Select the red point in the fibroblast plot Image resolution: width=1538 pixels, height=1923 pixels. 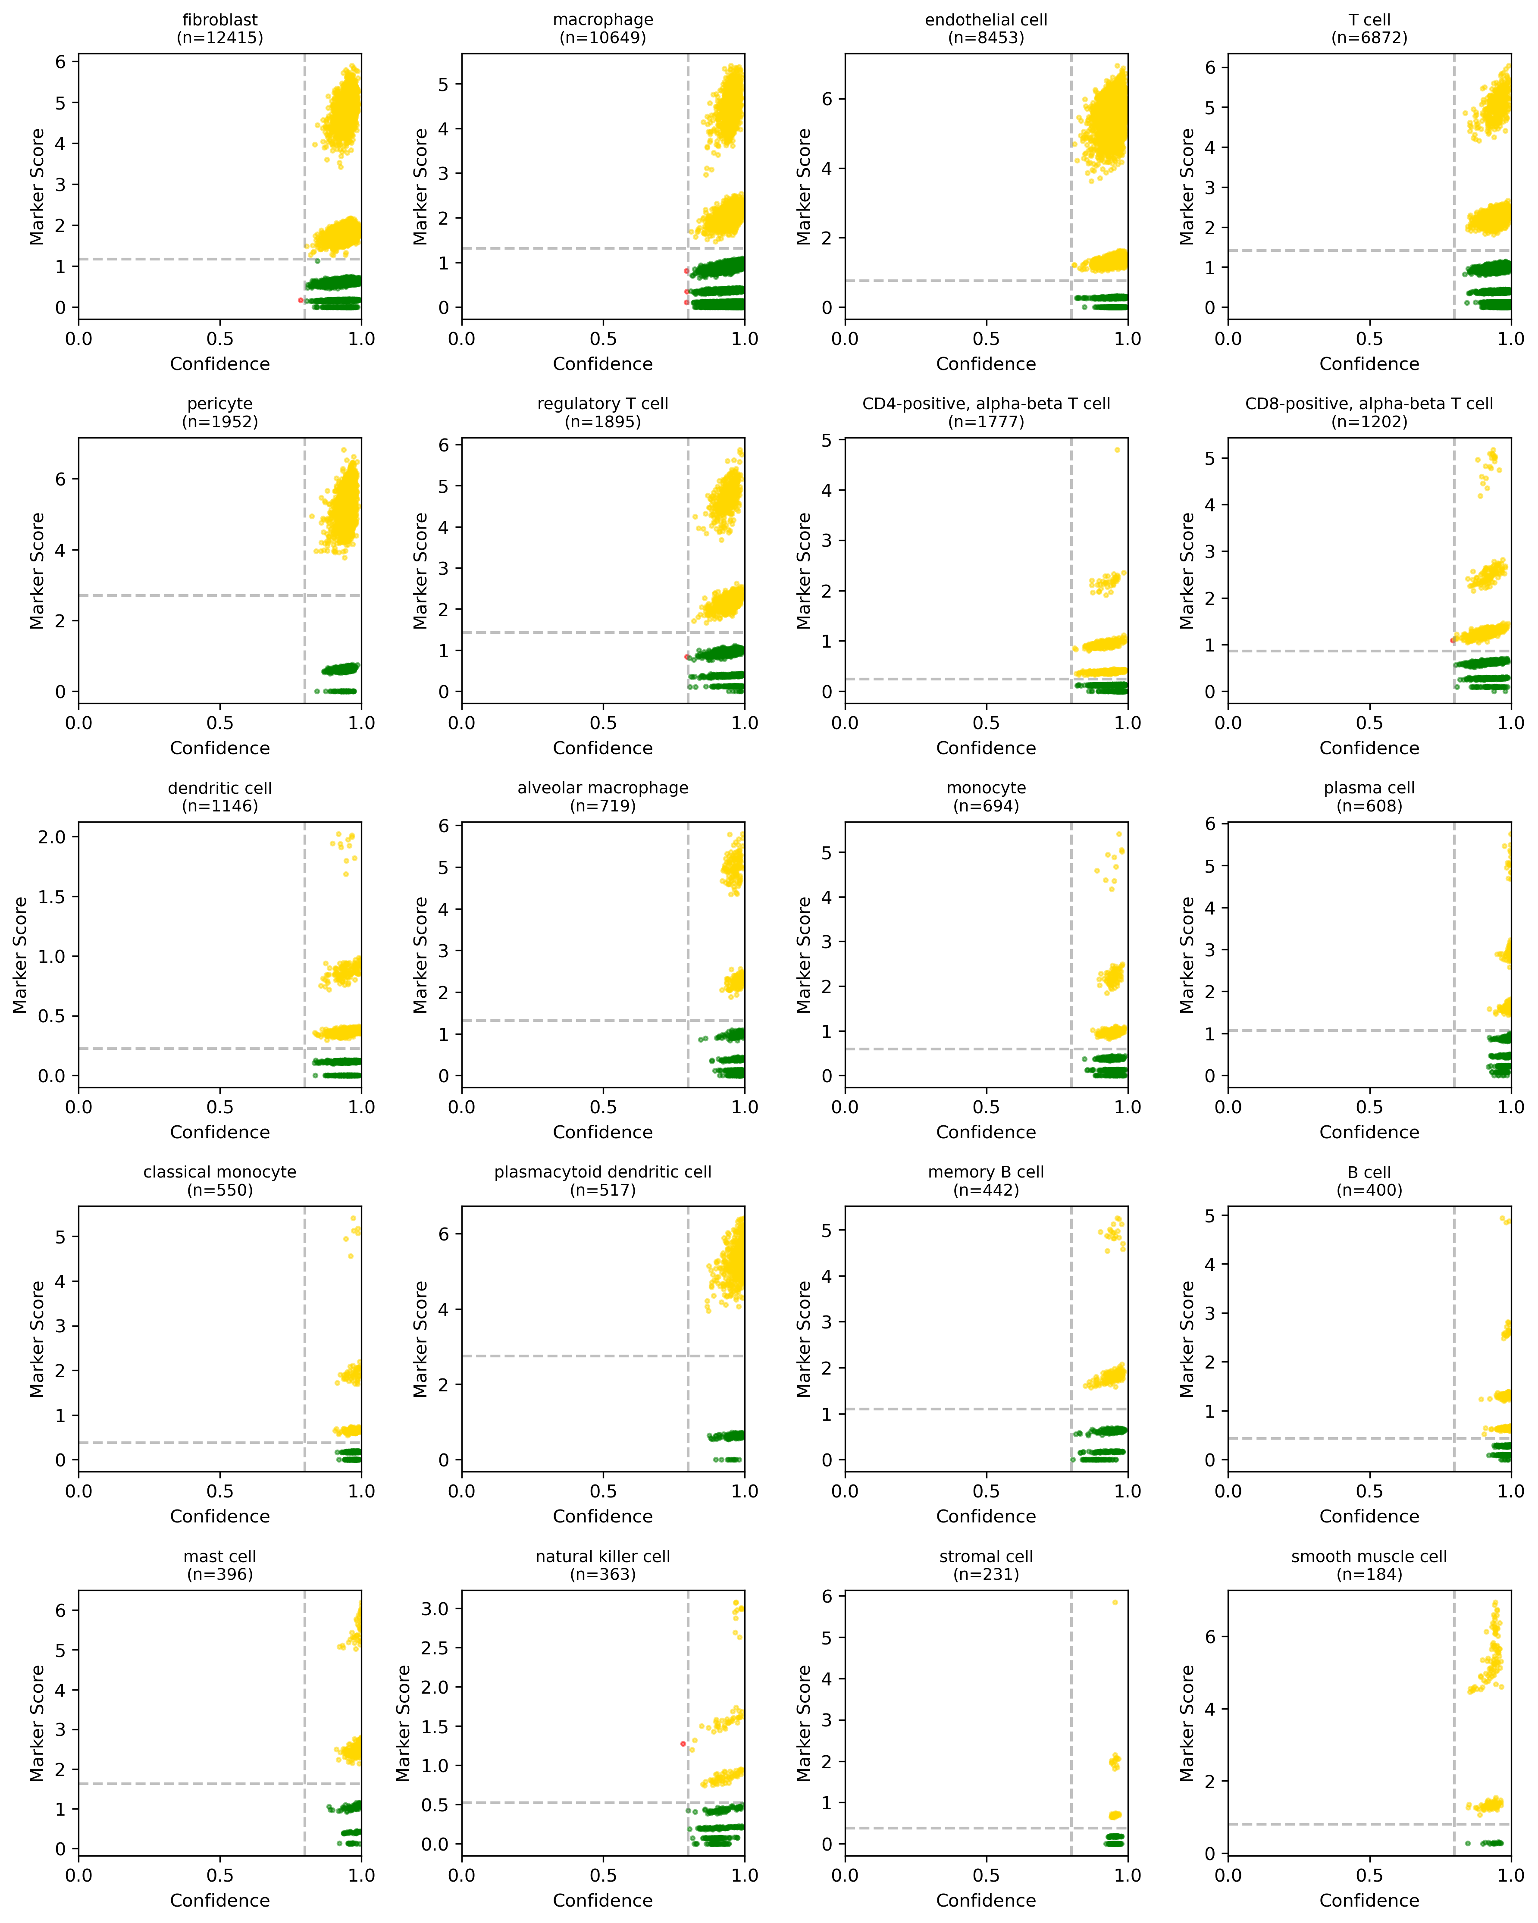pyautogui.click(x=301, y=301)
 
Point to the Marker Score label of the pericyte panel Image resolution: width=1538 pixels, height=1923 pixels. pyautogui.click(x=37, y=571)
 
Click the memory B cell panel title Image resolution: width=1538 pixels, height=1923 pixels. pyautogui.click(x=986, y=1172)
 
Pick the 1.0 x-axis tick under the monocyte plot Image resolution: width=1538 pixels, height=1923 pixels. pyautogui.click(x=1128, y=1107)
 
